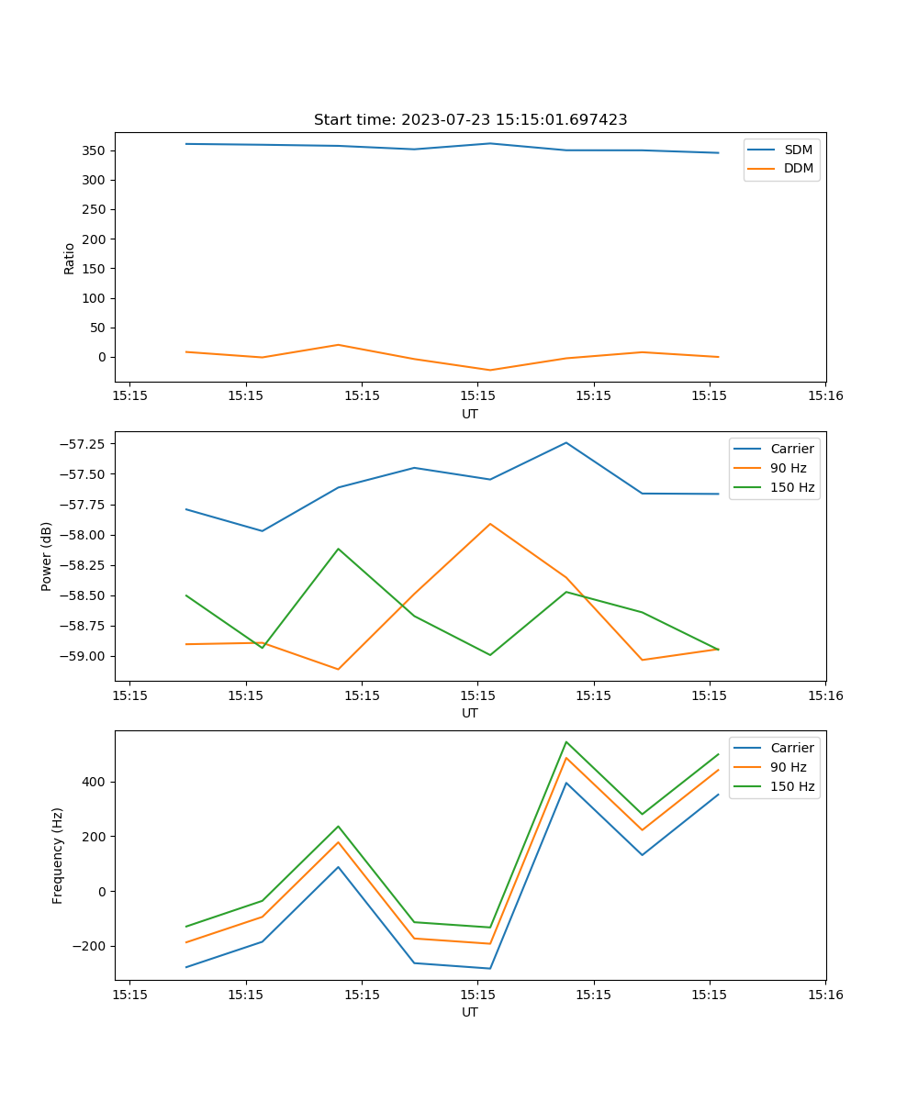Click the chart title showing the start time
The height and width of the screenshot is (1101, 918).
(x=470, y=120)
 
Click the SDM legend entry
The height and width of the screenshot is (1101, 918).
(x=798, y=150)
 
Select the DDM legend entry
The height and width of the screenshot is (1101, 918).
(x=799, y=169)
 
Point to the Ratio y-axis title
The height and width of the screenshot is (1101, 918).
(x=70, y=259)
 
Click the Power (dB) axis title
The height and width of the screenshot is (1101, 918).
(x=47, y=556)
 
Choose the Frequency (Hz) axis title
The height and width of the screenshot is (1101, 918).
(x=58, y=855)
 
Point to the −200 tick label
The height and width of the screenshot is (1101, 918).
(x=91, y=946)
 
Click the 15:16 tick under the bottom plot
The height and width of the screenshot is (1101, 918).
(x=825, y=995)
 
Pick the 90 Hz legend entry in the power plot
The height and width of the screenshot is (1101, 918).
(x=789, y=468)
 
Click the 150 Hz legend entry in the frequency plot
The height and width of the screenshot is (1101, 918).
(x=792, y=786)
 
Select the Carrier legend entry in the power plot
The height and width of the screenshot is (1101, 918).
(x=791, y=449)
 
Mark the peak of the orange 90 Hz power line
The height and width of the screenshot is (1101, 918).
(x=490, y=524)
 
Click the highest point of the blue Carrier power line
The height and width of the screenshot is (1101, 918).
(x=566, y=443)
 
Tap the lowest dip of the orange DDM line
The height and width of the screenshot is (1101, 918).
(x=490, y=370)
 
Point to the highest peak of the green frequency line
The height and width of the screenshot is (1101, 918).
(x=566, y=741)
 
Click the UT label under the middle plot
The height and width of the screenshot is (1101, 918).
(x=470, y=713)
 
